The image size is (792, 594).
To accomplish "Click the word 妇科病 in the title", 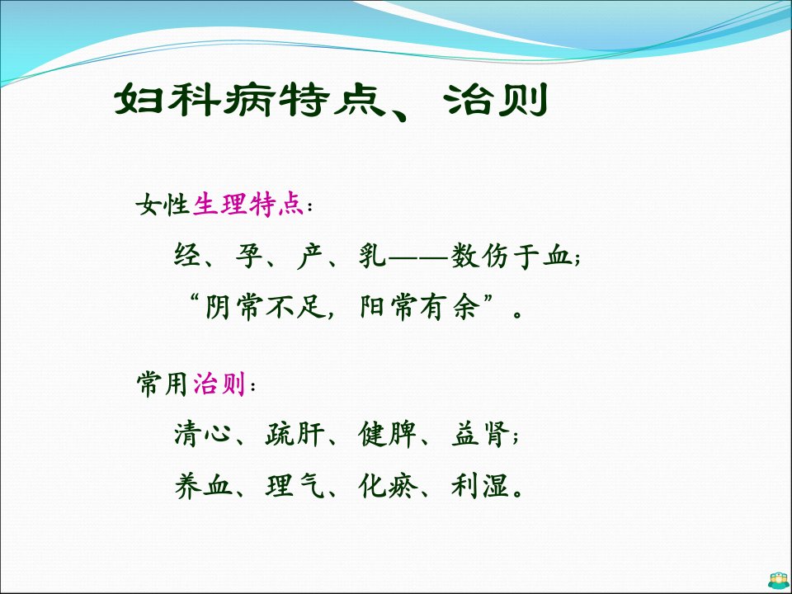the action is pyautogui.click(x=195, y=100).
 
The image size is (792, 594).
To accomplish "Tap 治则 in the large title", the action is pyautogui.click(x=497, y=100).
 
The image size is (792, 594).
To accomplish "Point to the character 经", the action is pyautogui.click(x=188, y=255).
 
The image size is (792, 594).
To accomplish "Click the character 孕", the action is pyautogui.click(x=249, y=255).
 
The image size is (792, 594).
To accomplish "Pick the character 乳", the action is pyautogui.click(x=372, y=255).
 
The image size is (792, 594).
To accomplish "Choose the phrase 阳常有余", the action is pyautogui.click(x=419, y=307).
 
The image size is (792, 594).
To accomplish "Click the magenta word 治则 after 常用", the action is pyautogui.click(x=219, y=384).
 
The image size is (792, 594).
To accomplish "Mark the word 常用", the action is pyautogui.click(x=163, y=384).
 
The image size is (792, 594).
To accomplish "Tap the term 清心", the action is pyautogui.click(x=201, y=434).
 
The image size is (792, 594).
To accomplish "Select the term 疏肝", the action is pyautogui.click(x=294, y=434).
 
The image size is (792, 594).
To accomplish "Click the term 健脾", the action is pyautogui.click(x=386, y=434).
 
